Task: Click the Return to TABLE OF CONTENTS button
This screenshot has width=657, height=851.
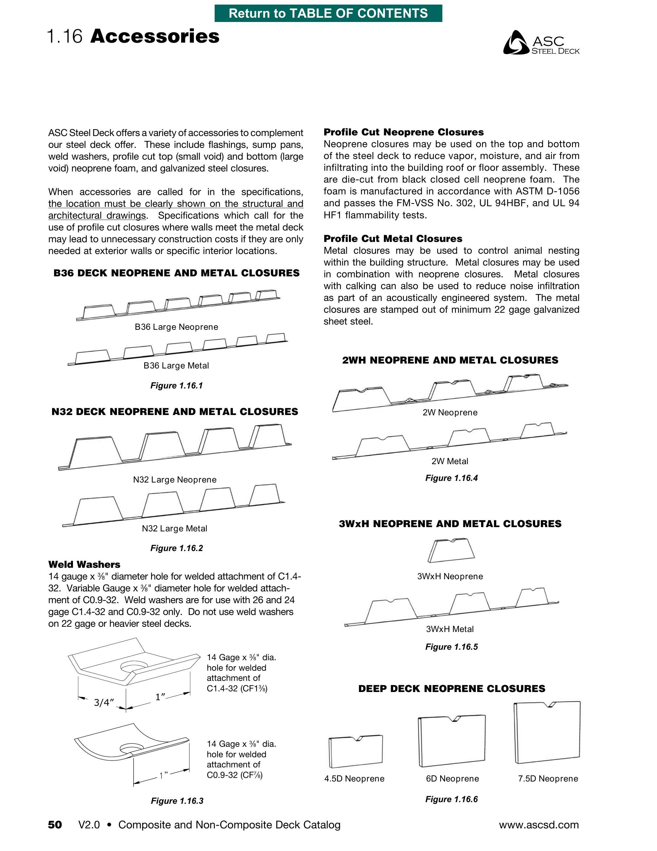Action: coord(328,13)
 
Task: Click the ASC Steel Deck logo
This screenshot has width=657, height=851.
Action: coord(541,43)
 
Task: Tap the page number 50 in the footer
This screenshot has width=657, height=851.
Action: coord(55,824)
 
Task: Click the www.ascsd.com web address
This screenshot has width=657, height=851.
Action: coord(539,824)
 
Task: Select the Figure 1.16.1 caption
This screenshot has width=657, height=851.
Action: coord(177,386)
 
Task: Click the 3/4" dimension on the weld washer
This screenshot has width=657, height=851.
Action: coord(103,702)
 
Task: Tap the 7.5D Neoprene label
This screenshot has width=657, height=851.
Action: coord(548,779)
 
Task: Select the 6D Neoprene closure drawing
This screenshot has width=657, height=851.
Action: coord(452,740)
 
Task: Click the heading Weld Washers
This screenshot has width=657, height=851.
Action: coord(84,564)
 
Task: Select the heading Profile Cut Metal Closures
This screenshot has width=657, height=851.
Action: coord(393,238)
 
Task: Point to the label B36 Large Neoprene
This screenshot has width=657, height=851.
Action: coord(176,327)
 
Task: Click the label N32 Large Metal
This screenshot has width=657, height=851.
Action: coord(174,528)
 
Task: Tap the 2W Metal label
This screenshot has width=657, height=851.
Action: coord(450,461)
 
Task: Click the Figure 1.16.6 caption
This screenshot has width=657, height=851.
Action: coord(451,799)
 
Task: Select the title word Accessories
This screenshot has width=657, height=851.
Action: coord(155,36)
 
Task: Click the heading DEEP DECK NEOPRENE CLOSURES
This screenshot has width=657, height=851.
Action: coord(452,688)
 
